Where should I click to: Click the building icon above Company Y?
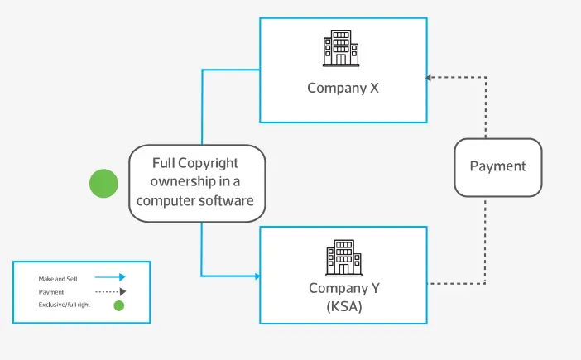[x=343, y=258]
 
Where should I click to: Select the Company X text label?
[x=343, y=88]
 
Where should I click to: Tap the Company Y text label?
[x=343, y=288]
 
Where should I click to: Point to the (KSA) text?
[x=343, y=305]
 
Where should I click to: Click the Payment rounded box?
[x=497, y=166]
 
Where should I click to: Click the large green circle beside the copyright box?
[x=103, y=183]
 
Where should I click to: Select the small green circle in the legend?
[x=118, y=305]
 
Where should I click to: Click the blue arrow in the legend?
[x=109, y=278]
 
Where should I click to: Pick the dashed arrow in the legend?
[x=109, y=292]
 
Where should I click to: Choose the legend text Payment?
[x=50, y=292]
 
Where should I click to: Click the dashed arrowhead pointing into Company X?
[x=430, y=78]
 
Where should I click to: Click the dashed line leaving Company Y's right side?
[x=455, y=284]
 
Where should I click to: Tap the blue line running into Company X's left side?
[x=232, y=70]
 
